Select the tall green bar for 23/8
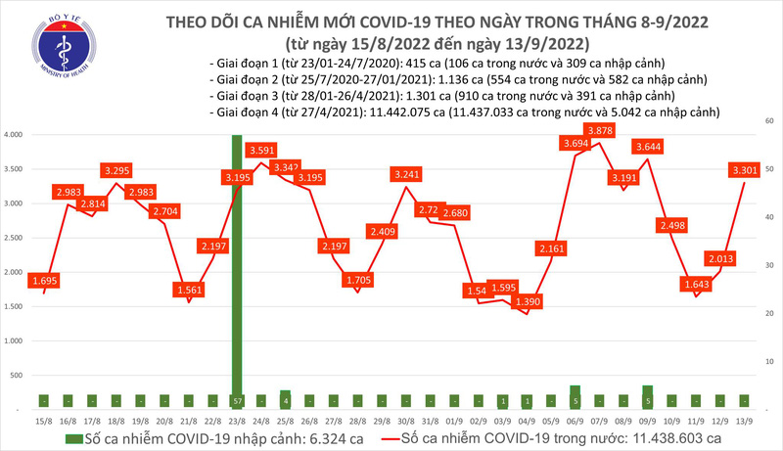click(x=236, y=264)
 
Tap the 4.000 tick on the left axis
click(x=14, y=135)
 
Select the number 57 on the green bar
click(x=236, y=401)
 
